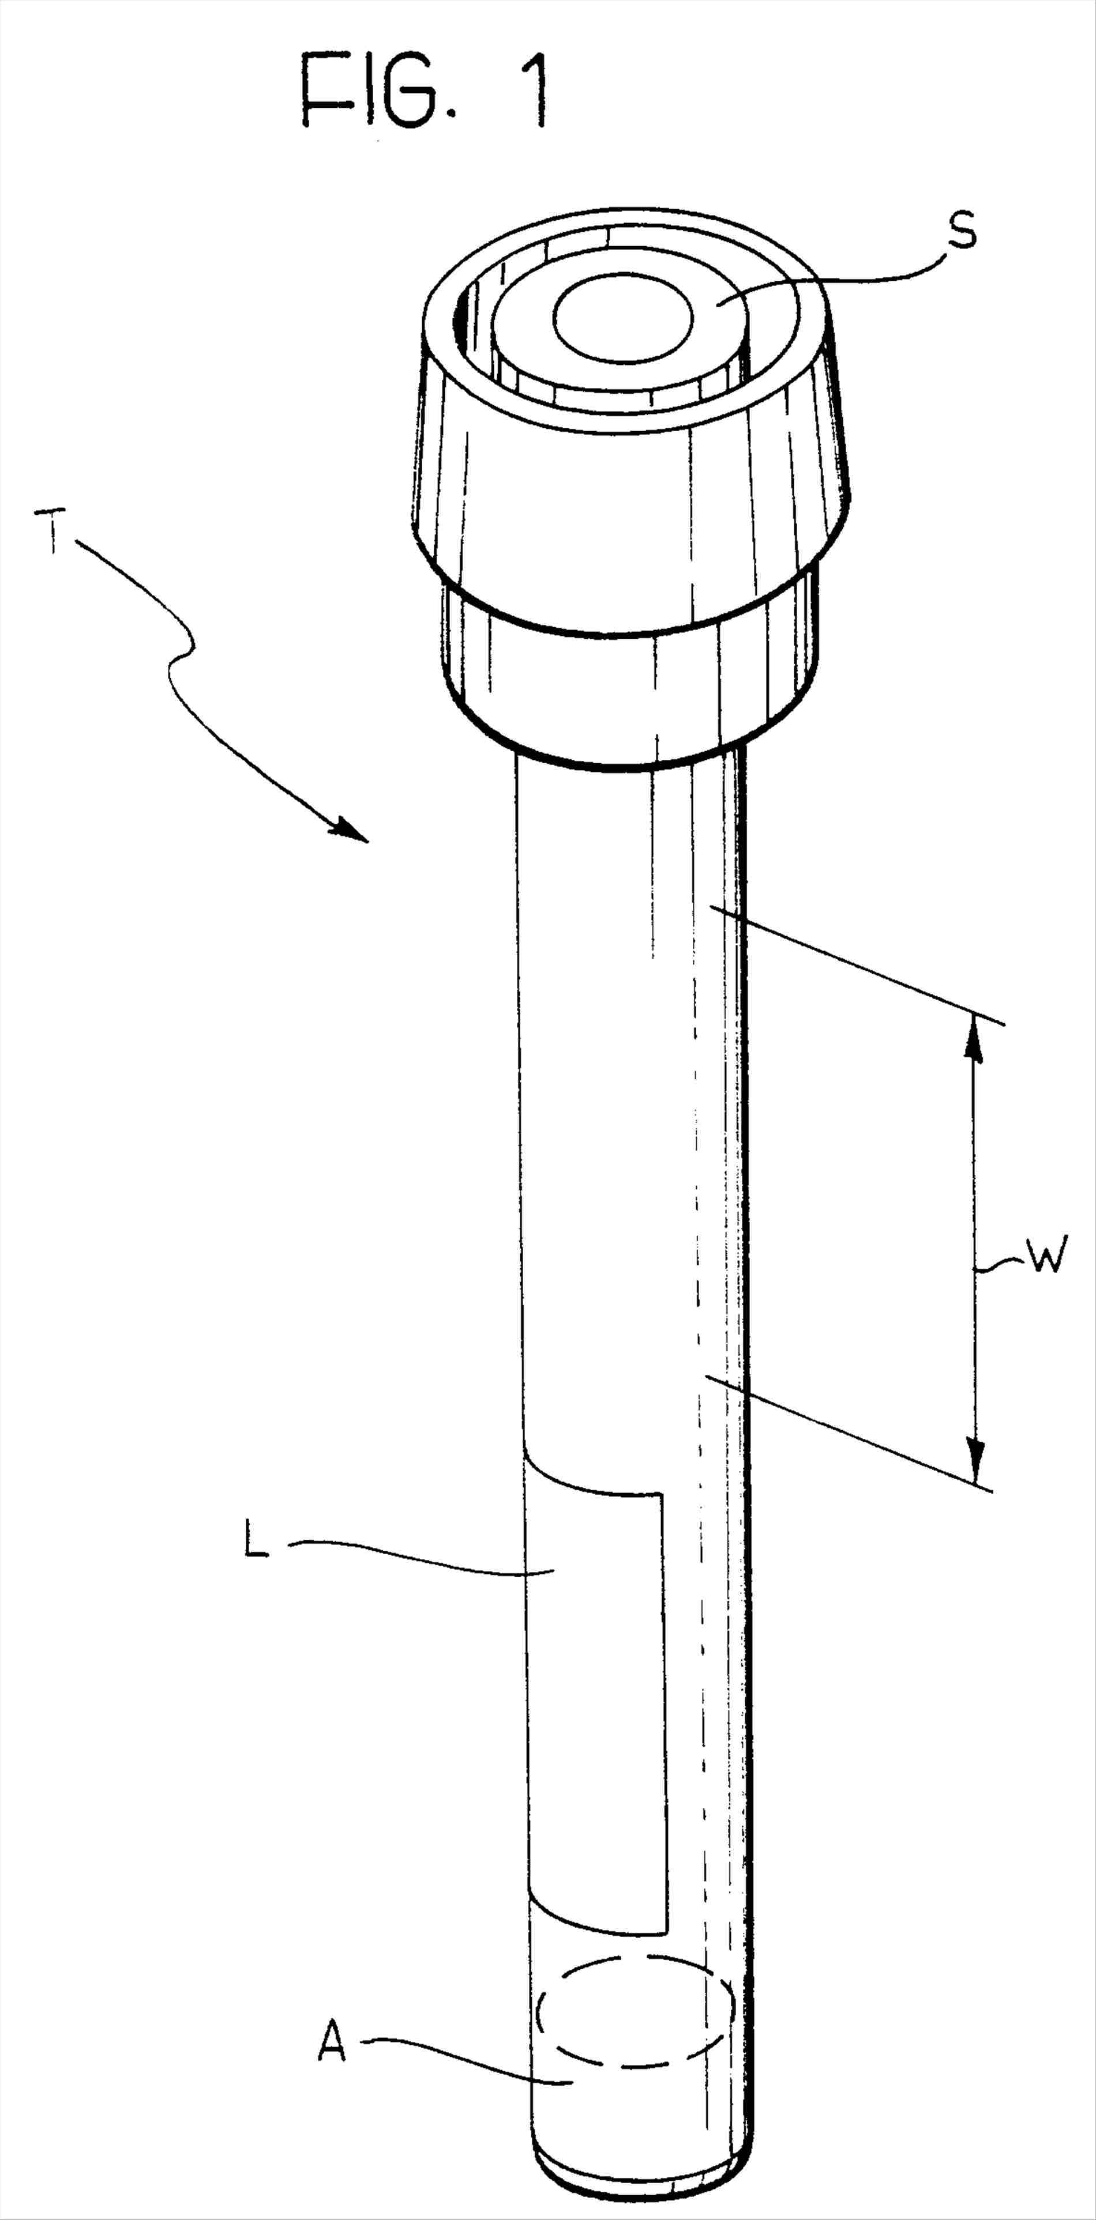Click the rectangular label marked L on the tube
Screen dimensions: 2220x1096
(x=595, y=1663)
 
